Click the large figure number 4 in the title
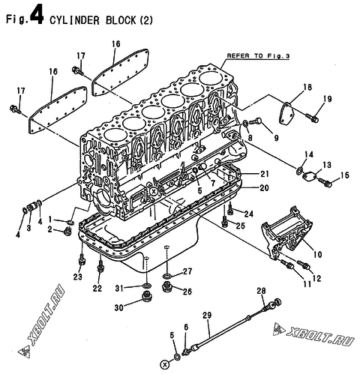[37, 16]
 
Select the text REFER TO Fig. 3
[258, 55]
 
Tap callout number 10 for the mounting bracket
[317, 255]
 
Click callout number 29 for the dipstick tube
[207, 316]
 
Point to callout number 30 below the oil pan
[119, 307]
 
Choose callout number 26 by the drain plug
[187, 292]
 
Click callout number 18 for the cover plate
[307, 87]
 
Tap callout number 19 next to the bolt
[327, 99]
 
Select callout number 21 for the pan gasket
[264, 174]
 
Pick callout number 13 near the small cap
[326, 165]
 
